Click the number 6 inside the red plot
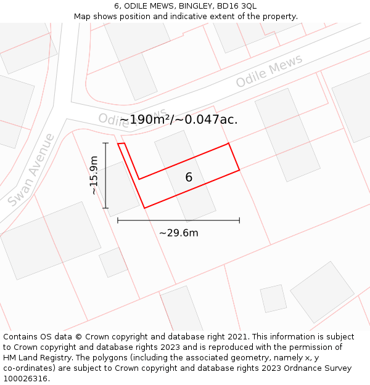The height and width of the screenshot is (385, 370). coord(189,177)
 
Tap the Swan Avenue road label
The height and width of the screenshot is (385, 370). coord(31,169)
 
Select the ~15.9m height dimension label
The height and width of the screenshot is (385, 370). coord(94,176)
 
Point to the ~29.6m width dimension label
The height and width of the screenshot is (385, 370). coord(179,233)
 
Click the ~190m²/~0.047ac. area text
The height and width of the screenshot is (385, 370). coord(178,120)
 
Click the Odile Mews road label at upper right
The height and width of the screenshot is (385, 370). coord(269,71)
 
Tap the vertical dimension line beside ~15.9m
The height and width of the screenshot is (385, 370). coord(106,176)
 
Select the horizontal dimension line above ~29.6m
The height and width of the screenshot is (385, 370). coord(178,220)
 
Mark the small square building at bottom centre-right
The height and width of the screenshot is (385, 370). coord(273,299)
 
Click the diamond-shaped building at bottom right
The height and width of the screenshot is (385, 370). coord(322,292)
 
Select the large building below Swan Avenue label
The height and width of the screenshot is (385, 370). coord(51,240)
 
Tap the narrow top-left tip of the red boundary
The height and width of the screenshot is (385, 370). coord(121,145)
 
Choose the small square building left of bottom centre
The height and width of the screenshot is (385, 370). coord(113,262)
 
